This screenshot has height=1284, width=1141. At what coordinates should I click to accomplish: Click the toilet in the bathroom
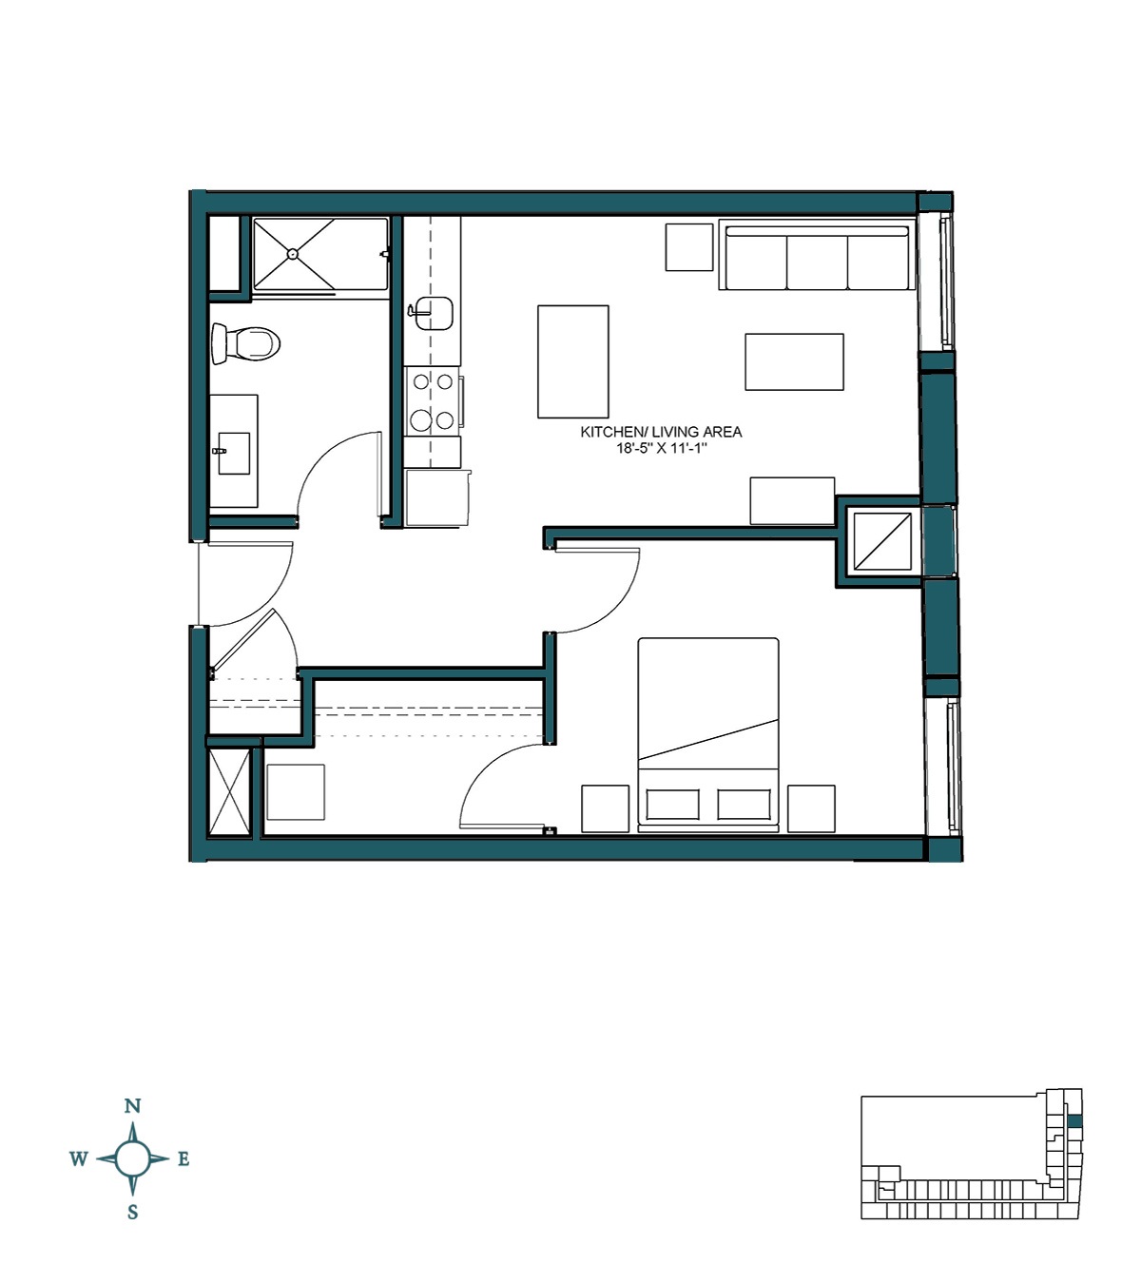tap(245, 343)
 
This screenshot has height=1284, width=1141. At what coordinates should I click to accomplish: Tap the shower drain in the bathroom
tap(293, 254)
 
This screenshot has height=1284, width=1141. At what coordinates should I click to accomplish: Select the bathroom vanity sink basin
tap(234, 452)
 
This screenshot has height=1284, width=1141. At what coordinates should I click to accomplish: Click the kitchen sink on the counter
tap(434, 313)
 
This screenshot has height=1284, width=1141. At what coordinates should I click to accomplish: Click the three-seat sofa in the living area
tap(817, 257)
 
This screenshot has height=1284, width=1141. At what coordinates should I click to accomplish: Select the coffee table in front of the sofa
tap(794, 361)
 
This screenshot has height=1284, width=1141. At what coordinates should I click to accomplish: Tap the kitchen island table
tap(572, 361)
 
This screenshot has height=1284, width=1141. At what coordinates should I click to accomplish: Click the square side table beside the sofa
tap(688, 247)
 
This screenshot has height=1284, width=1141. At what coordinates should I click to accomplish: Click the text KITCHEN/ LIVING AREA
tap(661, 432)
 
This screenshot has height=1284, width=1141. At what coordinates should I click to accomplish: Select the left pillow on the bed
tap(672, 805)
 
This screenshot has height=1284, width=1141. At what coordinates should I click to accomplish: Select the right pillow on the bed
tap(744, 805)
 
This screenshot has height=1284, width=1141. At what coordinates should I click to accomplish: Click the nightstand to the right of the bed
tap(811, 808)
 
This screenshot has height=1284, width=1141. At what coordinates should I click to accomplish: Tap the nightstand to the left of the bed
tap(605, 808)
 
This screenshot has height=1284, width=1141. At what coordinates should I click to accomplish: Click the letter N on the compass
tap(133, 1106)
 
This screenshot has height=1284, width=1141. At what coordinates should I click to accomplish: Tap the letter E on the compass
tap(184, 1159)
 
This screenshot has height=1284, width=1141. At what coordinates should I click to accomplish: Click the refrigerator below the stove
tap(436, 496)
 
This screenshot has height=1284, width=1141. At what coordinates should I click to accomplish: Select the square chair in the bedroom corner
tap(296, 792)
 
